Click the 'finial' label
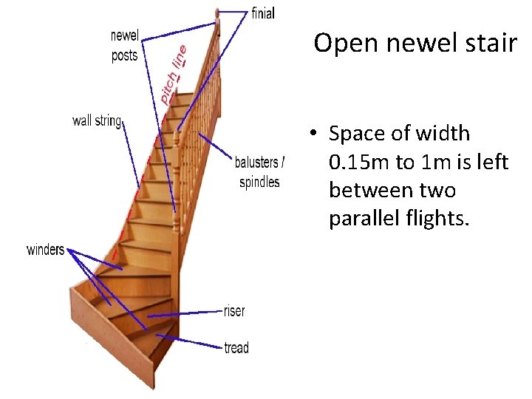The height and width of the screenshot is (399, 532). (264, 13)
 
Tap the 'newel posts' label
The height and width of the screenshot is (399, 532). (125, 46)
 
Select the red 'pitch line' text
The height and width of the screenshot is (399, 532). (174, 72)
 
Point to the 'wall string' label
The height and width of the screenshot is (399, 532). (97, 120)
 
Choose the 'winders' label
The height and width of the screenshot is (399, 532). (45, 249)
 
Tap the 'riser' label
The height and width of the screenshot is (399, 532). (234, 311)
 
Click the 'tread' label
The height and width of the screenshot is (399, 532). (236, 347)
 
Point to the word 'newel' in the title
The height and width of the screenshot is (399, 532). (415, 43)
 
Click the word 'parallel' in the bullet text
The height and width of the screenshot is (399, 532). (366, 218)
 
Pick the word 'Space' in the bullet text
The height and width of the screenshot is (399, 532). (358, 134)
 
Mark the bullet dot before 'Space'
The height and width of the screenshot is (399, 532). (313, 134)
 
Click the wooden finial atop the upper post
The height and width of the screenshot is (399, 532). (217, 13)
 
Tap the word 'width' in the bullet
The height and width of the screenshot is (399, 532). (443, 134)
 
